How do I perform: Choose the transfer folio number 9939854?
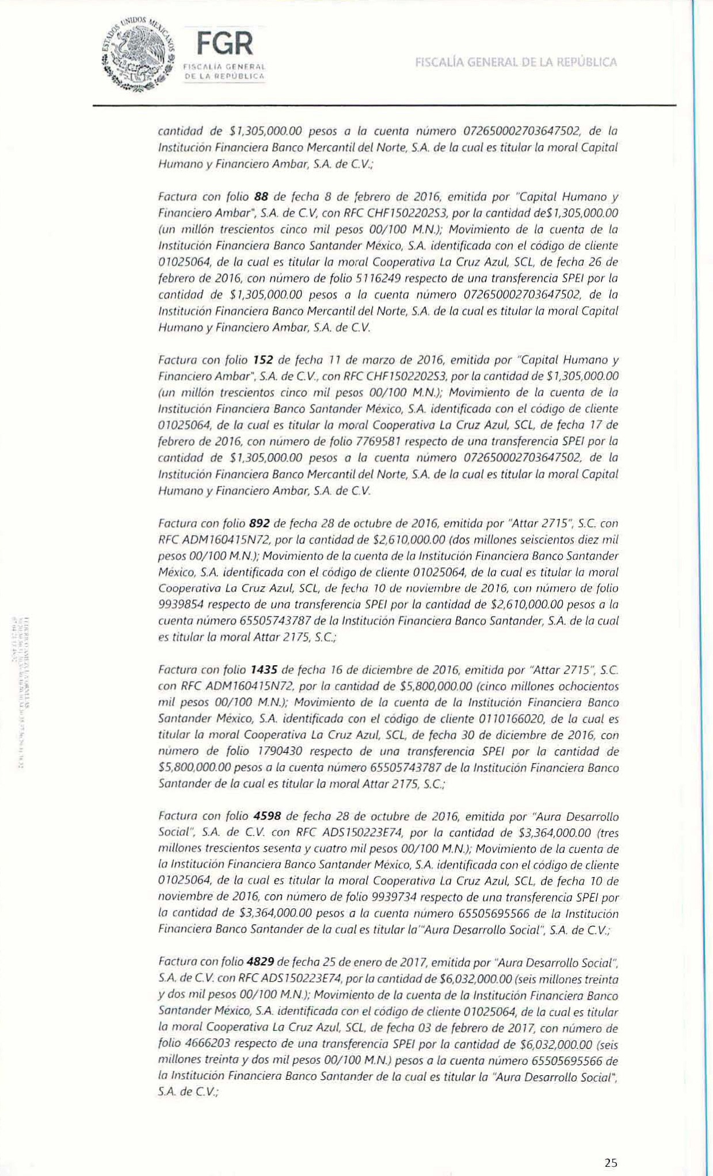pyautogui.click(x=178, y=605)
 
